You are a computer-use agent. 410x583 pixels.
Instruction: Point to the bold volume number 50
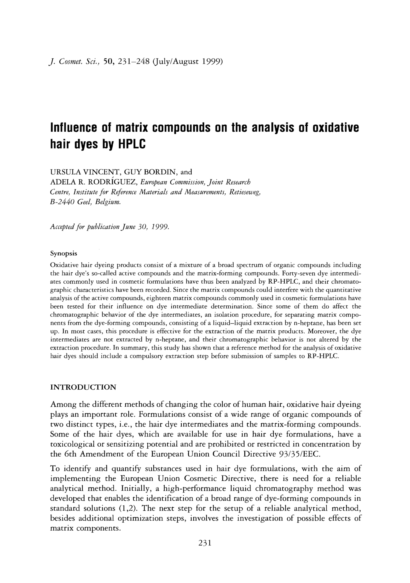[109, 62]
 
